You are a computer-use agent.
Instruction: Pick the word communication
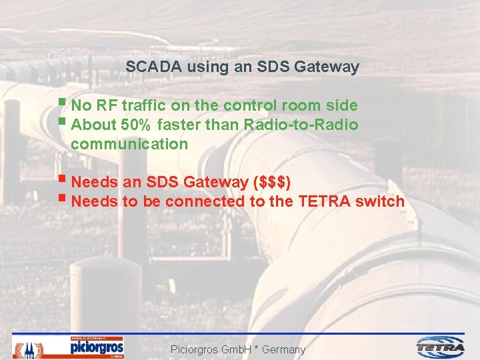pyautogui.click(x=129, y=144)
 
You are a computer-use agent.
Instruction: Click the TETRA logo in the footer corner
pyautogui.click(x=440, y=347)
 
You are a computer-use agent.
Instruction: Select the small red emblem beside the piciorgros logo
pyautogui.click(x=28, y=349)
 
